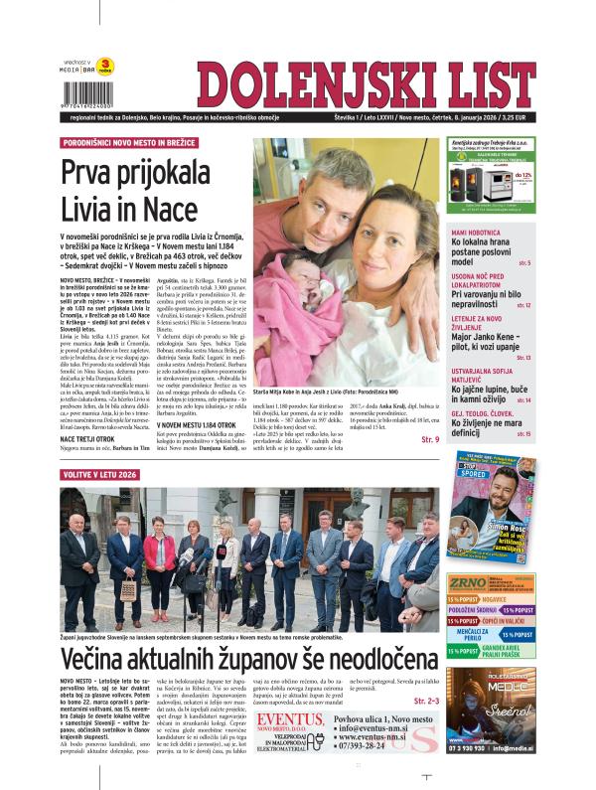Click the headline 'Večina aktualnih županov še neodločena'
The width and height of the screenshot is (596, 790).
(248, 661)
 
